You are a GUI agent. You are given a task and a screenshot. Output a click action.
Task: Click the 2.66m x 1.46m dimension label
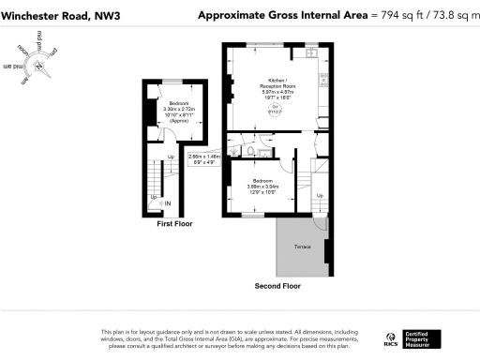pyautogui.click(x=203, y=159)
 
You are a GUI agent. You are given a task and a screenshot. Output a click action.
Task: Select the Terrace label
pyautogui.click(x=302, y=246)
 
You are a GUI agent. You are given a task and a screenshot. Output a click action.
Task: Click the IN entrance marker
pyautogui.click(x=168, y=203)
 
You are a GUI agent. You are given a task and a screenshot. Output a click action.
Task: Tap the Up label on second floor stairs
pyautogui.click(x=320, y=195)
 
